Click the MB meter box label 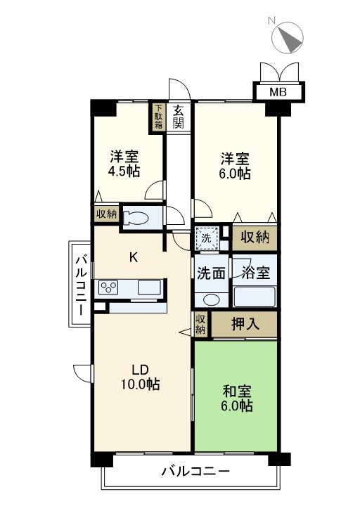(278, 92)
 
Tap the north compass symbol (288, 37)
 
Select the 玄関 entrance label (178, 117)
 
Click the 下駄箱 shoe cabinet (158, 117)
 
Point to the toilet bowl (136, 217)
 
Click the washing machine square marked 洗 (207, 238)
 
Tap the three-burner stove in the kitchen (108, 287)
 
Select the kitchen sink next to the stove (149, 287)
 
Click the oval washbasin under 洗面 (211, 299)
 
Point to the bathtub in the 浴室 (255, 297)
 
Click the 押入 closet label (245, 324)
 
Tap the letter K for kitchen (134, 257)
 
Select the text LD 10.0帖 (140, 377)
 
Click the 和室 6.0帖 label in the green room (237, 398)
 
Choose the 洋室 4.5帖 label (124, 164)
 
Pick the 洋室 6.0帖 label (235, 166)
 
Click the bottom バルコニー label (195, 472)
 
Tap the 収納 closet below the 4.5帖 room (107, 214)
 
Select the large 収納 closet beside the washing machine (255, 238)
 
